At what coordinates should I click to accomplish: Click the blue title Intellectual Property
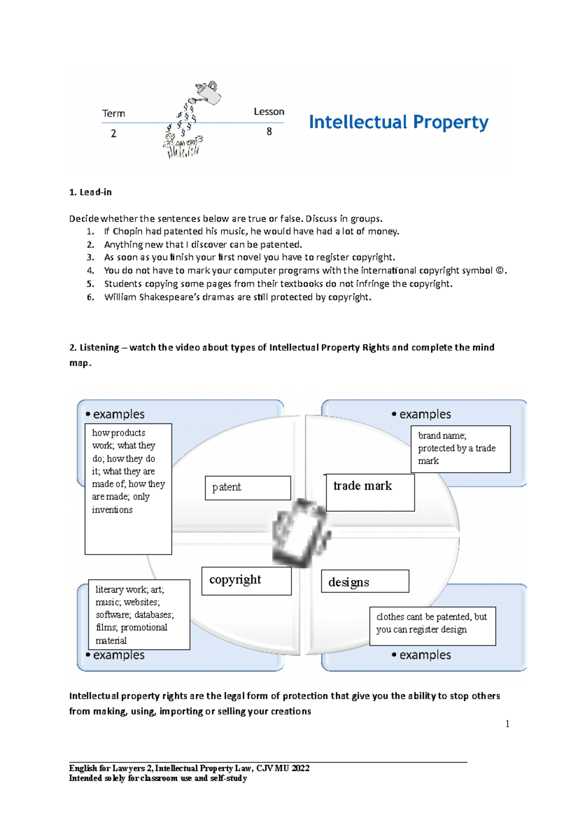[x=398, y=122]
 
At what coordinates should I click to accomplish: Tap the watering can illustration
[x=208, y=92]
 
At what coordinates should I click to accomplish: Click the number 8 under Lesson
[x=269, y=132]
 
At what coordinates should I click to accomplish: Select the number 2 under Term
[x=113, y=133]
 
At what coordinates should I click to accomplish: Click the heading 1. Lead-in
[x=91, y=192]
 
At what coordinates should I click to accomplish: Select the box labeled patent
[x=248, y=488]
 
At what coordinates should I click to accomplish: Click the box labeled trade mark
[x=370, y=492]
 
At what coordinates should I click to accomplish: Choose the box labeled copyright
[x=246, y=581]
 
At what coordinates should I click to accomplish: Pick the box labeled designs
[x=365, y=581]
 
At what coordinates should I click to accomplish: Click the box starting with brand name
[x=460, y=449]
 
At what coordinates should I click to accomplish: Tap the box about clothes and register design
[x=432, y=625]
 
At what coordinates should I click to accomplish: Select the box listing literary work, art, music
[x=139, y=614]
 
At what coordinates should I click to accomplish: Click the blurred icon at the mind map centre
[x=301, y=532]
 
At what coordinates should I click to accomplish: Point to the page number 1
[x=507, y=724]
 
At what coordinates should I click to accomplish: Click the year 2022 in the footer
[x=300, y=768]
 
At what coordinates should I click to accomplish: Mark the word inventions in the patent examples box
[x=112, y=510]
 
